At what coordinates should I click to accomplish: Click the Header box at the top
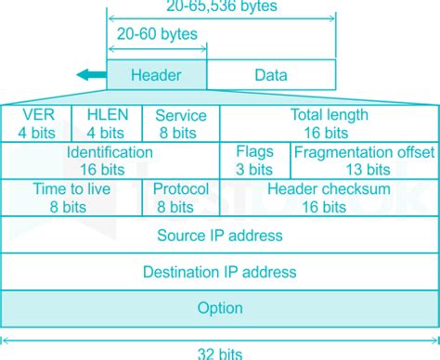[x=156, y=75]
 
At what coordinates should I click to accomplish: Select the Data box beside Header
[x=271, y=75]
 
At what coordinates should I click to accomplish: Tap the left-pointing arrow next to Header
[x=89, y=75]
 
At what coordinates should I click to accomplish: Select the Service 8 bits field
[x=180, y=123]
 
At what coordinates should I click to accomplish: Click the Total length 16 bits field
[x=328, y=123]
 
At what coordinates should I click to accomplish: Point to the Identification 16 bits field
[x=110, y=160]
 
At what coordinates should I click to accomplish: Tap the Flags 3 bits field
[x=254, y=160]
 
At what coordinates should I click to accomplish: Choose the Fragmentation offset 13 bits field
[x=364, y=160]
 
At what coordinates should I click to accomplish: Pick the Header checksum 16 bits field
[x=328, y=196]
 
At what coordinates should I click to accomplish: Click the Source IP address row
[x=220, y=235]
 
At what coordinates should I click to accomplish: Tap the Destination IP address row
[x=220, y=272]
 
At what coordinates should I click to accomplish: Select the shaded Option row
[x=220, y=308]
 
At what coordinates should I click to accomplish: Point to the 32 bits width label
[x=220, y=353]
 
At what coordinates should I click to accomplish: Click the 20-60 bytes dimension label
[x=155, y=34]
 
